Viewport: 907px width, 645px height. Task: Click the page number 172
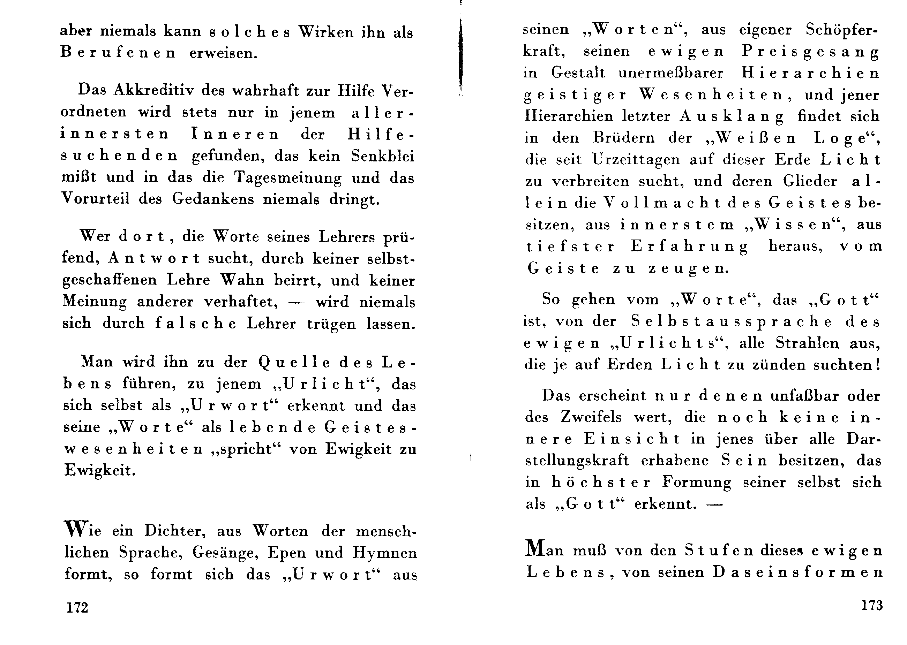[77, 607]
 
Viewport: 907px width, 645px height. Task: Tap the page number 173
[871, 605]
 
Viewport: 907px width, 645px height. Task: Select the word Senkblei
[382, 157]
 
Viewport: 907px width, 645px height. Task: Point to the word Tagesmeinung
[288, 178]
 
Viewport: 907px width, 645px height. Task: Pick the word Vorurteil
[95, 199]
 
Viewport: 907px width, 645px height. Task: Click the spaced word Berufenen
[118, 53]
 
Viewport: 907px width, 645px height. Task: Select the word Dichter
[175, 531]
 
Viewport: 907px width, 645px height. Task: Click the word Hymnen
[384, 553]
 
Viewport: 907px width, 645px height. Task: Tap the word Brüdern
[624, 138]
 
